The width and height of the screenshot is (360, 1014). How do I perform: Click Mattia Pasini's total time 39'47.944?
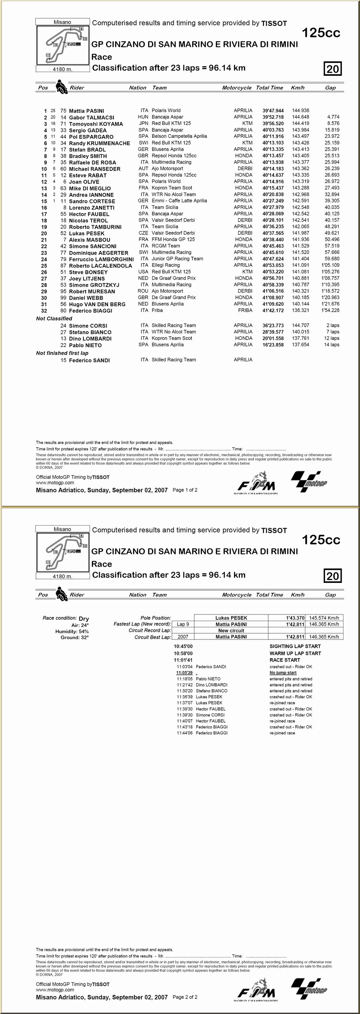[x=273, y=111]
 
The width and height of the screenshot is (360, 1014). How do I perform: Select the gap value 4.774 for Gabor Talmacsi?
[x=333, y=117]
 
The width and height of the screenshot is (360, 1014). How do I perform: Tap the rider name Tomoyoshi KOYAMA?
[x=96, y=123]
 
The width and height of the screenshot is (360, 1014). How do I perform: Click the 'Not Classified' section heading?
[x=54, y=318]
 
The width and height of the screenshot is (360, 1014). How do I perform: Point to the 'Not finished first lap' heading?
[x=62, y=353]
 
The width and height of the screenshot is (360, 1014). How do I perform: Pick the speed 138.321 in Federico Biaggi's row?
[x=300, y=310]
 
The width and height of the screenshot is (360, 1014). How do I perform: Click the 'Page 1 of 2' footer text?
[x=185, y=490]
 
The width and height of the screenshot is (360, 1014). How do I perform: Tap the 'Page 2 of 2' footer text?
[x=185, y=997]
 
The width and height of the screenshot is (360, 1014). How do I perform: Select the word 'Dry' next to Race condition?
[x=84, y=619]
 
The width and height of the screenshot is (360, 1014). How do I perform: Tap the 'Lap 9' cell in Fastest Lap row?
[x=183, y=624]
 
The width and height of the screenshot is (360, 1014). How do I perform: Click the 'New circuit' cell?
[x=231, y=631]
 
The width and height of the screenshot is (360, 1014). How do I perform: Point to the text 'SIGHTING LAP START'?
[x=295, y=646]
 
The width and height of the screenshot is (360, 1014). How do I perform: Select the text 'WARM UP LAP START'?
[x=295, y=653]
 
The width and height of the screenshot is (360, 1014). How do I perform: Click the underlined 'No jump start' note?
[x=283, y=673]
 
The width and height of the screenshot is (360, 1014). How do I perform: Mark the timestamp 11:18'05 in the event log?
[x=184, y=679]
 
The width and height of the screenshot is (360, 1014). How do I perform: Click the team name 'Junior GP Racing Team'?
[x=177, y=259]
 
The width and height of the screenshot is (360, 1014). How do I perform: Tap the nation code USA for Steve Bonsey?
[x=143, y=272]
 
